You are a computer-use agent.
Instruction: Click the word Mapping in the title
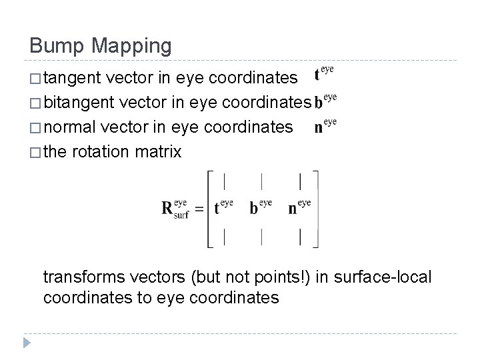[x=133, y=47]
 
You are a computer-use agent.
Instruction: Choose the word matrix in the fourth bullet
[x=159, y=151]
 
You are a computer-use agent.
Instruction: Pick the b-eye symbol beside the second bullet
[x=325, y=101]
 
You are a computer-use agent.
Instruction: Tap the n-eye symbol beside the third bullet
[x=325, y=125]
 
